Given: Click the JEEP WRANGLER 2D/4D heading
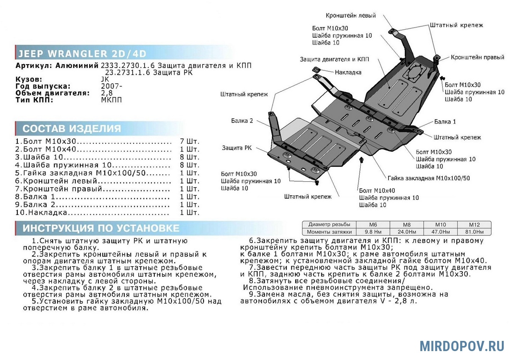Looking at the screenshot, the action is (82, 53).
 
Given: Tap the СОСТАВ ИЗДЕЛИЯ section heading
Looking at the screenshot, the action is (72, 129).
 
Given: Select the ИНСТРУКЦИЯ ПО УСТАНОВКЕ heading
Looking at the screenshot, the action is (101, 228).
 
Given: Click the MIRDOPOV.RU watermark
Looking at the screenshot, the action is (462, 346).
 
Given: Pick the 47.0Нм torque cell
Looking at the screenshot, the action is (440, 232).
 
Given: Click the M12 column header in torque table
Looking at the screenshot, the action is (474, 225).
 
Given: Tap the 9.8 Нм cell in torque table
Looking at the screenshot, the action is (373, 232).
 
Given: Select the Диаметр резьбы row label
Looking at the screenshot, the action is (329, 225).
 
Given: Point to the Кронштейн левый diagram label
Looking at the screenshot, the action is (351, 15).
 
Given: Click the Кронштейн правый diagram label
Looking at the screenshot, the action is (478, 57).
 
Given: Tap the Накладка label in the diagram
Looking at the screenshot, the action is (348, 72).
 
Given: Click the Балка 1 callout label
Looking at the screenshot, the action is (445, 122).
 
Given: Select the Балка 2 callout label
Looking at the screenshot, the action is (242, 121).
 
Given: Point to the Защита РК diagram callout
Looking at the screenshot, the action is (237, 148).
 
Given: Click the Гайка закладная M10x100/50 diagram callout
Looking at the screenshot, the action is (428, 178).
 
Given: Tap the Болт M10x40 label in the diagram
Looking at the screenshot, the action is (377, 191).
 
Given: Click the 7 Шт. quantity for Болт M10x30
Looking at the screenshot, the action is (190, 141).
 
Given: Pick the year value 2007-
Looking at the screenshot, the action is (112, 86).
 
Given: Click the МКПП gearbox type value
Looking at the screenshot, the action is (111, 100).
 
